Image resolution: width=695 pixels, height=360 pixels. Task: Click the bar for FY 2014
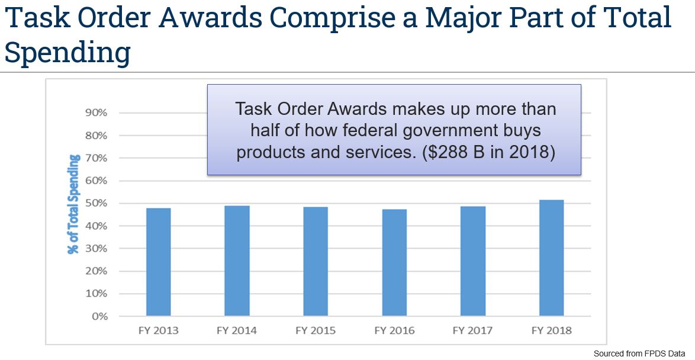coord(237,261)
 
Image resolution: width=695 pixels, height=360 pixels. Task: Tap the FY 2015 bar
coord(316,261)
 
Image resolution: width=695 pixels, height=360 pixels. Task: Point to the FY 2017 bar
coord(473,261)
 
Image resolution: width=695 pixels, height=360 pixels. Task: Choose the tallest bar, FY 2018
coord(551,258)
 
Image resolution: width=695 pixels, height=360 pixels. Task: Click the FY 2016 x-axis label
coord(394,330)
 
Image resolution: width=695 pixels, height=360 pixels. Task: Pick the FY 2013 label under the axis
coord(158,330)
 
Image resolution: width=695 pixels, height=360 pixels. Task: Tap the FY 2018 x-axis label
coord(551,330)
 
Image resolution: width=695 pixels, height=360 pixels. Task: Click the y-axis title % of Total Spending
coord(73,204)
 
